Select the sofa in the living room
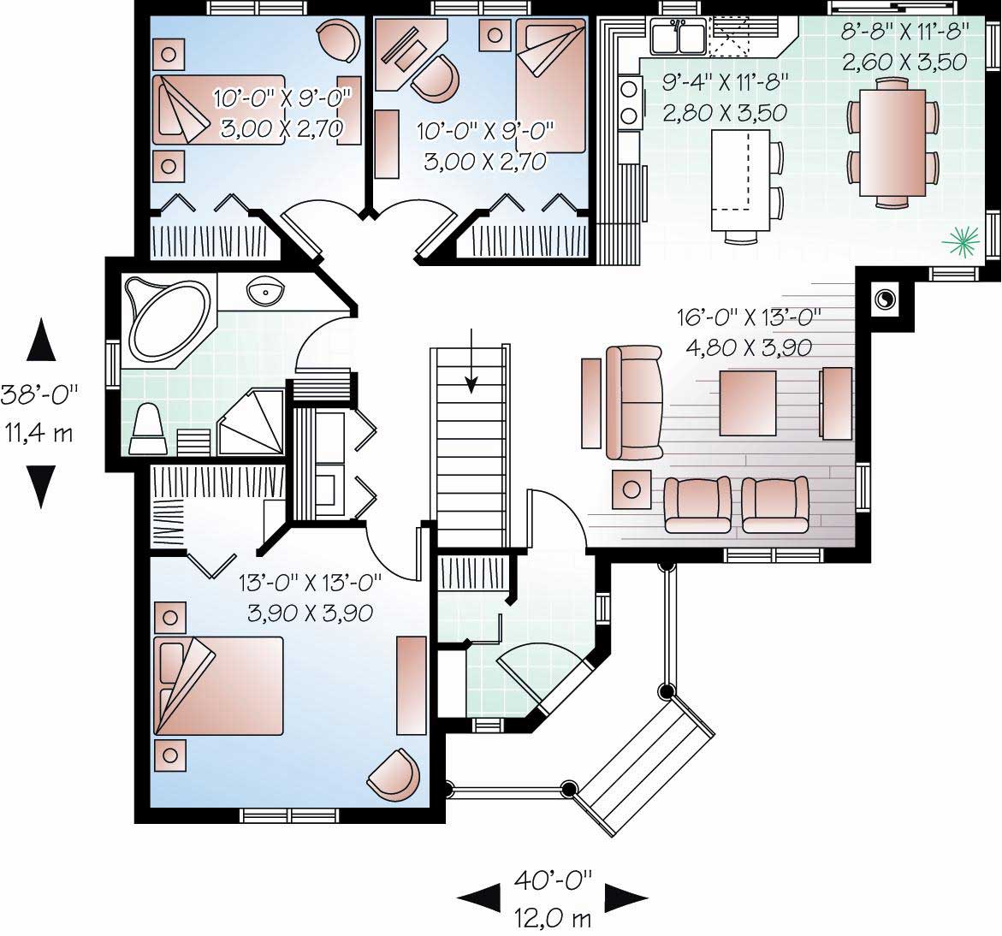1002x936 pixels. pyautogui.click(x=633, y=402)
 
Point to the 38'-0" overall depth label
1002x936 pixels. pyautogui.click(x=39, y=394)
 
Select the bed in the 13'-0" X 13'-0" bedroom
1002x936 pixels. pyautogui.click(x=218, y=685)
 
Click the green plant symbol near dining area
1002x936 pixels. pyautogui.click(x=959, y=241)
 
